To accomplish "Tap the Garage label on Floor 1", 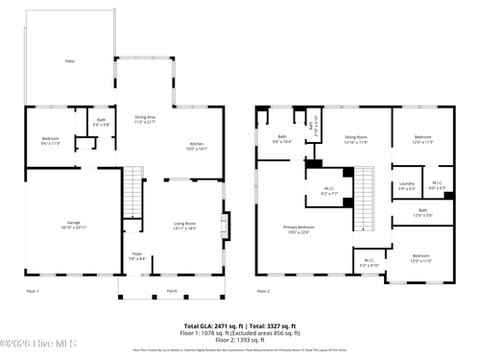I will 67,225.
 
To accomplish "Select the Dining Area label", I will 144,119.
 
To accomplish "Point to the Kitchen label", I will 196,146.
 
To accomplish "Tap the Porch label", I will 172,290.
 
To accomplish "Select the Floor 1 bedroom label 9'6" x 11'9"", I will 50,141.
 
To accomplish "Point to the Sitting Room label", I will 355,141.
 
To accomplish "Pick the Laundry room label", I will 405,185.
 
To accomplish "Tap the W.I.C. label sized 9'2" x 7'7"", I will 328,190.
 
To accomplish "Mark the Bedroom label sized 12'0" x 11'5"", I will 422,140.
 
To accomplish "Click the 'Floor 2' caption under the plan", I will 263,290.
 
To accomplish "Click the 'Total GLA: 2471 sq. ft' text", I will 209,325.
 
